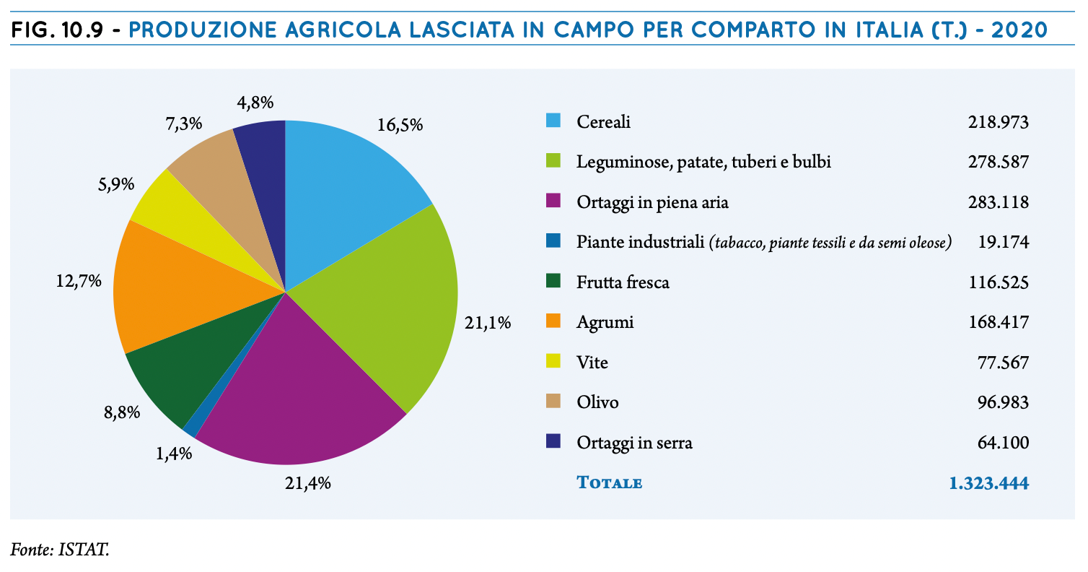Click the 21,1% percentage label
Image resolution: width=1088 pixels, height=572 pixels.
(488, 323)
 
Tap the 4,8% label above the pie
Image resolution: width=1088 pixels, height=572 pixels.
(255, 103)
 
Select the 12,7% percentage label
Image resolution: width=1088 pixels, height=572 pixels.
(79, 281)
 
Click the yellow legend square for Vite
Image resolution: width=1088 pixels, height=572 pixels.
(553, 361)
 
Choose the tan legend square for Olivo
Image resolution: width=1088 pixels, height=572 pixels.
(553, 401)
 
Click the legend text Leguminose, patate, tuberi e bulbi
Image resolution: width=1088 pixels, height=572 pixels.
(703, 162)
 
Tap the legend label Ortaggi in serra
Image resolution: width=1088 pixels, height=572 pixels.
(634, 443)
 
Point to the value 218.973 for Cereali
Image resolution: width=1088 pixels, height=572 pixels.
(998, 121)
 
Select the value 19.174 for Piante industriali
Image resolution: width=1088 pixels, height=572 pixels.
(1003, 242)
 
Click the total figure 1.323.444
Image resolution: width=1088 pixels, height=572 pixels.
(989, 483)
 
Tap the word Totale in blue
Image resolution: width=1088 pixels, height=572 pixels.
(609, 482)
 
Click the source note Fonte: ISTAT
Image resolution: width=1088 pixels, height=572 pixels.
(60, 550)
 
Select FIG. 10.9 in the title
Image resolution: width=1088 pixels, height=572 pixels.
(57, 30)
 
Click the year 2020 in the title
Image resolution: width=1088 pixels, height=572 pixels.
(1019, 30)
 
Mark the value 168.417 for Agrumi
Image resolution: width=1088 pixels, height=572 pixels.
(999, 322)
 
